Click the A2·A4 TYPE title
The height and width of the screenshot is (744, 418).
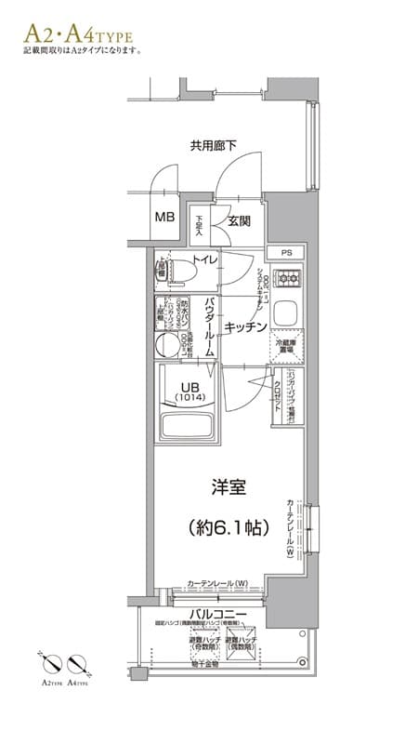[x=79, y=34]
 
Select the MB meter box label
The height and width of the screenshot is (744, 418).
[x=164, y=218]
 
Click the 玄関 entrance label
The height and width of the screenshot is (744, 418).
[x=239, y=221]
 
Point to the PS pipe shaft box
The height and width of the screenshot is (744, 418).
[x=286, y=252]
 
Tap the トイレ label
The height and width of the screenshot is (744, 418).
[x=205, y=259]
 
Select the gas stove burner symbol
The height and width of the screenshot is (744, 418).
[x=288, y=276]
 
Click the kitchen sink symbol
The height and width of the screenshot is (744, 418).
[x=286, y=311]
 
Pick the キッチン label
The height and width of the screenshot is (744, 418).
[x=246, y=326]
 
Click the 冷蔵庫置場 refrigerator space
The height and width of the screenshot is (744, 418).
[x=287, y=349]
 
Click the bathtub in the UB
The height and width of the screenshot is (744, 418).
[x=189, y=427]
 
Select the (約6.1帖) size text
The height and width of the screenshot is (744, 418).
[x=228, y=527]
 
